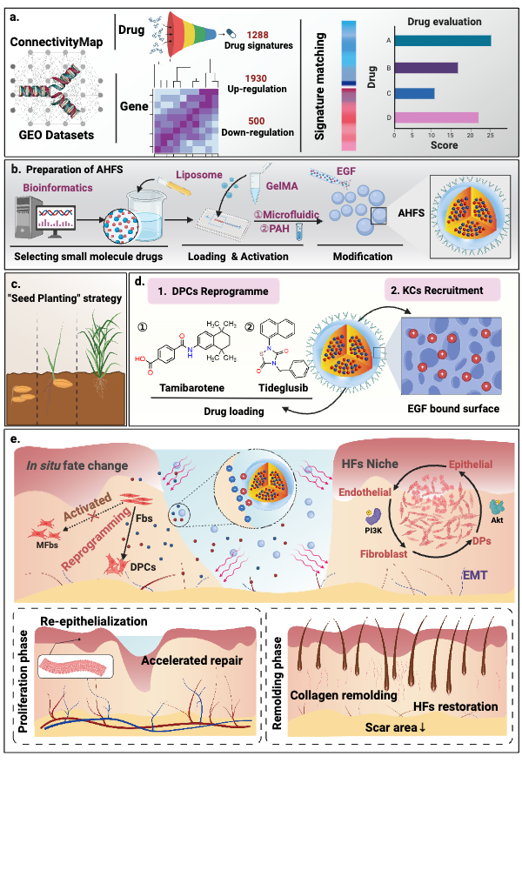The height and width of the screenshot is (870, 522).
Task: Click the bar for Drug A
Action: [443, 40]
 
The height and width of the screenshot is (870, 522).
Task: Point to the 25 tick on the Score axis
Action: [491, 135]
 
